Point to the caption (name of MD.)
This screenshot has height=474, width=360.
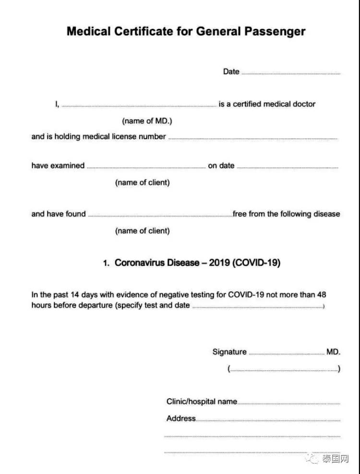point(147,121)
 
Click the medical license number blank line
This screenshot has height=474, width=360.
point(253,139)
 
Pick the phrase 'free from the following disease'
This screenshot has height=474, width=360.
point(287,214)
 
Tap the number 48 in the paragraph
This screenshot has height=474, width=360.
point(322,295)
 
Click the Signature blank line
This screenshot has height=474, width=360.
point(287,354)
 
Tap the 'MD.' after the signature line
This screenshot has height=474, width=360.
point(334,352)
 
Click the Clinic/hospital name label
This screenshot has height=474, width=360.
point(202,402)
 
